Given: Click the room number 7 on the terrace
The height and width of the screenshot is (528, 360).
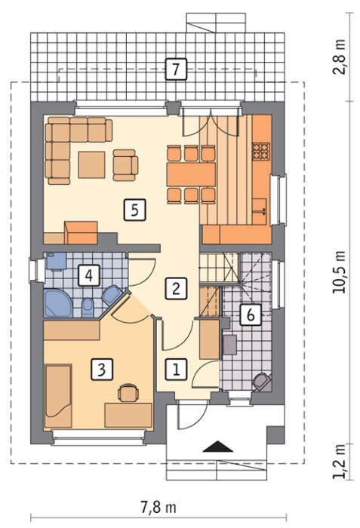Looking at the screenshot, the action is pos(176,69).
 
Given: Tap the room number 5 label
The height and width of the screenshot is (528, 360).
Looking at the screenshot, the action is pos(134,210).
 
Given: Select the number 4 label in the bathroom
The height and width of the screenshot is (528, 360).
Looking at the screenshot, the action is pos(88,275).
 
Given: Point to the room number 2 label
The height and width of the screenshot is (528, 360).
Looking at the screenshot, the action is pos(176,288).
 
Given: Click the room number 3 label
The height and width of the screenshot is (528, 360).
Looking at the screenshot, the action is pos(101,369).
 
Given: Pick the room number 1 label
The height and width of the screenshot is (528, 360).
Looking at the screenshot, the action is pos(176,369).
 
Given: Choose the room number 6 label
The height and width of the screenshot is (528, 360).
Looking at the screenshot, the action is pos(251,315).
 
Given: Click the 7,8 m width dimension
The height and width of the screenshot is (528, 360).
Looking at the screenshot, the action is pos(158,507).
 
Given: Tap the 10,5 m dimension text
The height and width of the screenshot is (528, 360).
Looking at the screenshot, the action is pos(339,272).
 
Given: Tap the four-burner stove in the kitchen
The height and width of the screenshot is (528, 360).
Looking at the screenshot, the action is pos(261,151).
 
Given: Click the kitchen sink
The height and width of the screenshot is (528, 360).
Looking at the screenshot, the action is pos(260,211).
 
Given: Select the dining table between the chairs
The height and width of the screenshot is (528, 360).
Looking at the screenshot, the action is pos(191,174).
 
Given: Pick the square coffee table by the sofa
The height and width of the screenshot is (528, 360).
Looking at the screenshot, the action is pos(91,164).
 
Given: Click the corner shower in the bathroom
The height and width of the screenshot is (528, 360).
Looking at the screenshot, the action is pos(57,303).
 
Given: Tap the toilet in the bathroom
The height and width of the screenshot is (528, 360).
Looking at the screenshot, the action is pos(88,308).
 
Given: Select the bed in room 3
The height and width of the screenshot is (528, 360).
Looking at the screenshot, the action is pos(58,396).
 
